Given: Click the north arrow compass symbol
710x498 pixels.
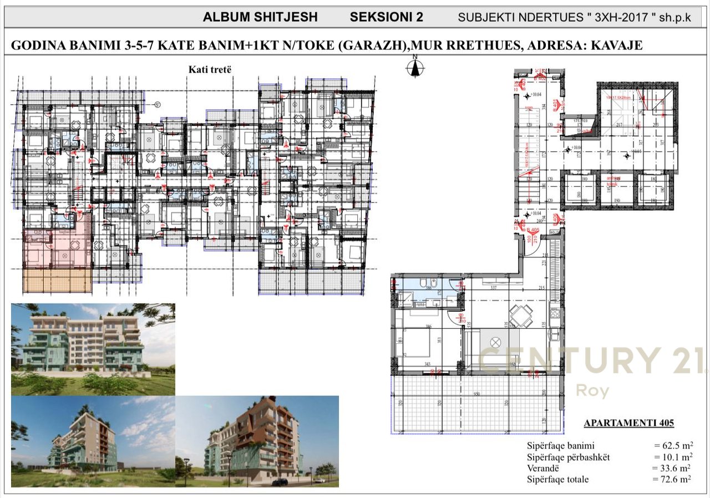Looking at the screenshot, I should point(415,68).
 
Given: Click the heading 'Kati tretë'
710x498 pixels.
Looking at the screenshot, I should point(209,69).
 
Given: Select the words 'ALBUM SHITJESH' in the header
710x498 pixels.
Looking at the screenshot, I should point(260,17).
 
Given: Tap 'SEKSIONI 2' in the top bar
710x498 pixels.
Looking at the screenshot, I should point(386,17).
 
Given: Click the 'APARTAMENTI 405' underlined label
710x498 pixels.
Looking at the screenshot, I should point(628,423).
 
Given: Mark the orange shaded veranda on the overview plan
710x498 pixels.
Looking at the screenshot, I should point(58,277).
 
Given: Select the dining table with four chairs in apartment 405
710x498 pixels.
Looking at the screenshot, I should point(521,317).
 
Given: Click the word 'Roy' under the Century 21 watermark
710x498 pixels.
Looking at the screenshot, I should point(592,391).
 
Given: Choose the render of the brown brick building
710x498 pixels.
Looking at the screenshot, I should point(257,441).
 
